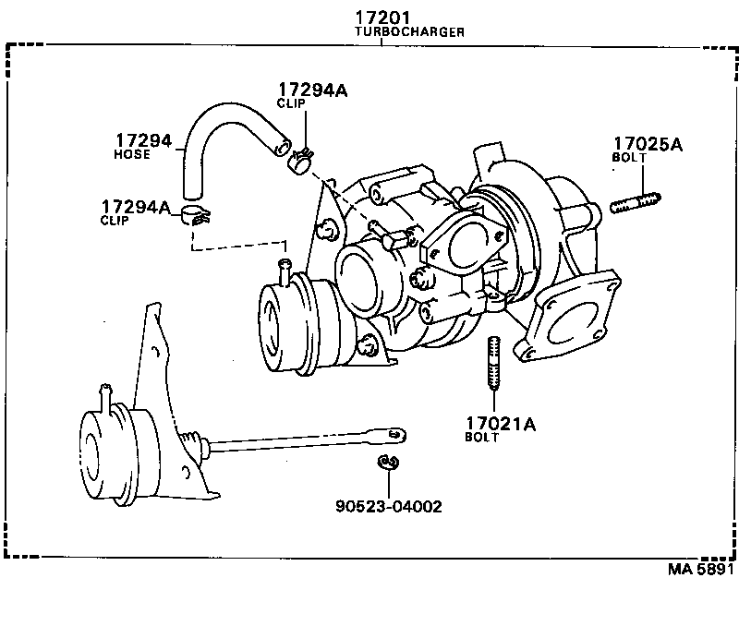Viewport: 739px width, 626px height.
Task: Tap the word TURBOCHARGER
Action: pyautogui.click(x=409, y=32)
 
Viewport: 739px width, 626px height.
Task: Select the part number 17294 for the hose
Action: pyautogui.click(x=142, y=140)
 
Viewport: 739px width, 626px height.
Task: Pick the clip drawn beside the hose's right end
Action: pyautogui.click(x=300, y=163)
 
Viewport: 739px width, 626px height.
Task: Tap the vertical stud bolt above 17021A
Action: pyautogui.click(x=493, y=364)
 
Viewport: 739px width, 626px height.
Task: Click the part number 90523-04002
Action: pyautogui.click(x=388, y=506)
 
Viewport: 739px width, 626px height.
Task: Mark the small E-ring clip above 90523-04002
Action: pyautogui.click(x=387, y=461)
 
